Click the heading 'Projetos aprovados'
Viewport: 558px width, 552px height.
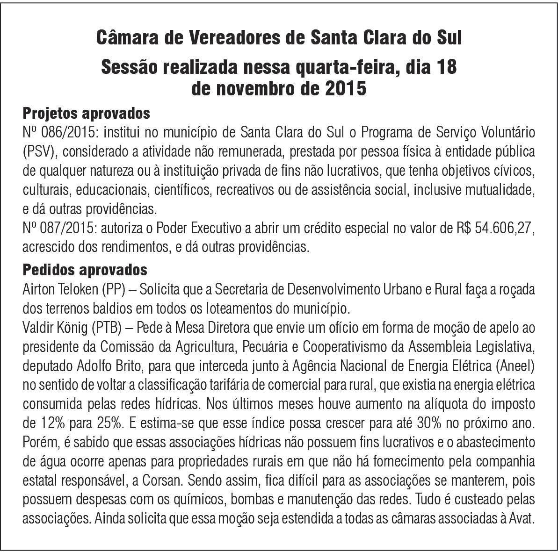86,114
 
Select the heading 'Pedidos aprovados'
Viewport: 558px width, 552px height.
85,270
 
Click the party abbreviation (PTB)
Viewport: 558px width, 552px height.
106,328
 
